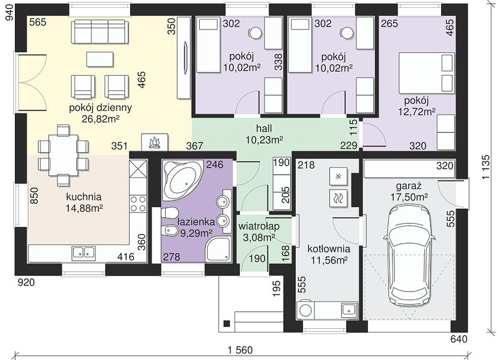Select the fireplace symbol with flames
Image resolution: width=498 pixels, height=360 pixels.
click(154, 142)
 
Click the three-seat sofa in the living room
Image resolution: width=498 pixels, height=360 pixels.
click(100, 32)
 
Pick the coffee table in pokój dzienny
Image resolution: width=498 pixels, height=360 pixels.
click(100, 59)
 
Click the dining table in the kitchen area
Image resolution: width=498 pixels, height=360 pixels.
click(63, 155)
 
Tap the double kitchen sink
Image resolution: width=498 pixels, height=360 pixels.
click(84, 253)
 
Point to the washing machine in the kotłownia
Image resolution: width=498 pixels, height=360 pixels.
click(305, 310)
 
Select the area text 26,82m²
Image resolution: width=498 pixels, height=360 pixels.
click(100, 119)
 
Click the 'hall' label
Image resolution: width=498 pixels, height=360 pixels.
click(264, 128)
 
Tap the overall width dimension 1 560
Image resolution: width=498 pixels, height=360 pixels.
click(240, 350)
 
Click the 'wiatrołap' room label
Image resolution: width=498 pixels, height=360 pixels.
click(259, 226)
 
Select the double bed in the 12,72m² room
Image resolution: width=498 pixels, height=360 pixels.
click(426, 73)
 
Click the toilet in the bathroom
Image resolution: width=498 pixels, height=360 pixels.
click(169, 212)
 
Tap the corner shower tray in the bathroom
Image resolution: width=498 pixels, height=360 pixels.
click(218, 250)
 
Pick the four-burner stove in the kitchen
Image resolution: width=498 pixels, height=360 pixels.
click(139, 203)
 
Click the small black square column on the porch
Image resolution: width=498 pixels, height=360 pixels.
click(227, 323)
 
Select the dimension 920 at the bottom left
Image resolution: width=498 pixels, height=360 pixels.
click(26, 282)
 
